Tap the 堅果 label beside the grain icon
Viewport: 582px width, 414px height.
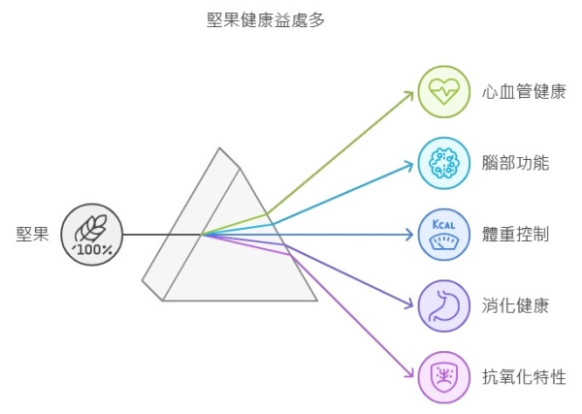click(33, 234)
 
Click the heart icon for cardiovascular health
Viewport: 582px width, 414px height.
click(443, 91)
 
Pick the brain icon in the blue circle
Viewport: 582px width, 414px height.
click(443, 163)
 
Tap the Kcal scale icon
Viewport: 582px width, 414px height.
click(443, 235)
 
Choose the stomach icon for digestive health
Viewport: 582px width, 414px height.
click(443, 306)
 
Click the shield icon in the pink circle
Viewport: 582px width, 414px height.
click(443, 377)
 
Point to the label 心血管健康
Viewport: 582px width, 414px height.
click(523, 91)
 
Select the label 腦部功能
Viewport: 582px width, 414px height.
click(515, 163)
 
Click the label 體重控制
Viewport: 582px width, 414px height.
click(515, 235)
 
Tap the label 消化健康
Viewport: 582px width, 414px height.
click(515, 306)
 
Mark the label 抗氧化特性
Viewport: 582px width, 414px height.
click(523, 377)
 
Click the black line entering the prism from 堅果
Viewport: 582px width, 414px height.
click(155, 235)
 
